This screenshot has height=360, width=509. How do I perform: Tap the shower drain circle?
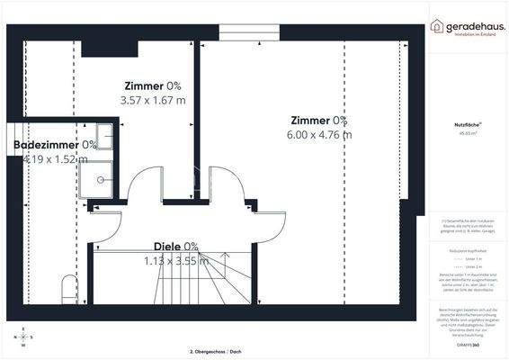coord(103,178)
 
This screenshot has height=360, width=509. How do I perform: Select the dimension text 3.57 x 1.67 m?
coord(153,100)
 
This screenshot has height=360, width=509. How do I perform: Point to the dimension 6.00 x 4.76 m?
coord(319,134)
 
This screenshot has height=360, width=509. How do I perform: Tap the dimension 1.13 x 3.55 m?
coord(176,261)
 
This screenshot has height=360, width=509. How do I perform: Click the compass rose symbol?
coord(23,337)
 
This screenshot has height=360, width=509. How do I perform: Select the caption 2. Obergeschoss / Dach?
coord(217,349)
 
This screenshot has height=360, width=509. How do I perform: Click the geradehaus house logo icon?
coord(438,26)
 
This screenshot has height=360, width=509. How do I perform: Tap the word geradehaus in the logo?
coord(474,25)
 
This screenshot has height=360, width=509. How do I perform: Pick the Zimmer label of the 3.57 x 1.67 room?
coord(144,86)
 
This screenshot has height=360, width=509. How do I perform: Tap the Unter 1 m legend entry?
coord(470,257)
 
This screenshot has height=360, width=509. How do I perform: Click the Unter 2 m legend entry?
coord(470,267)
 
